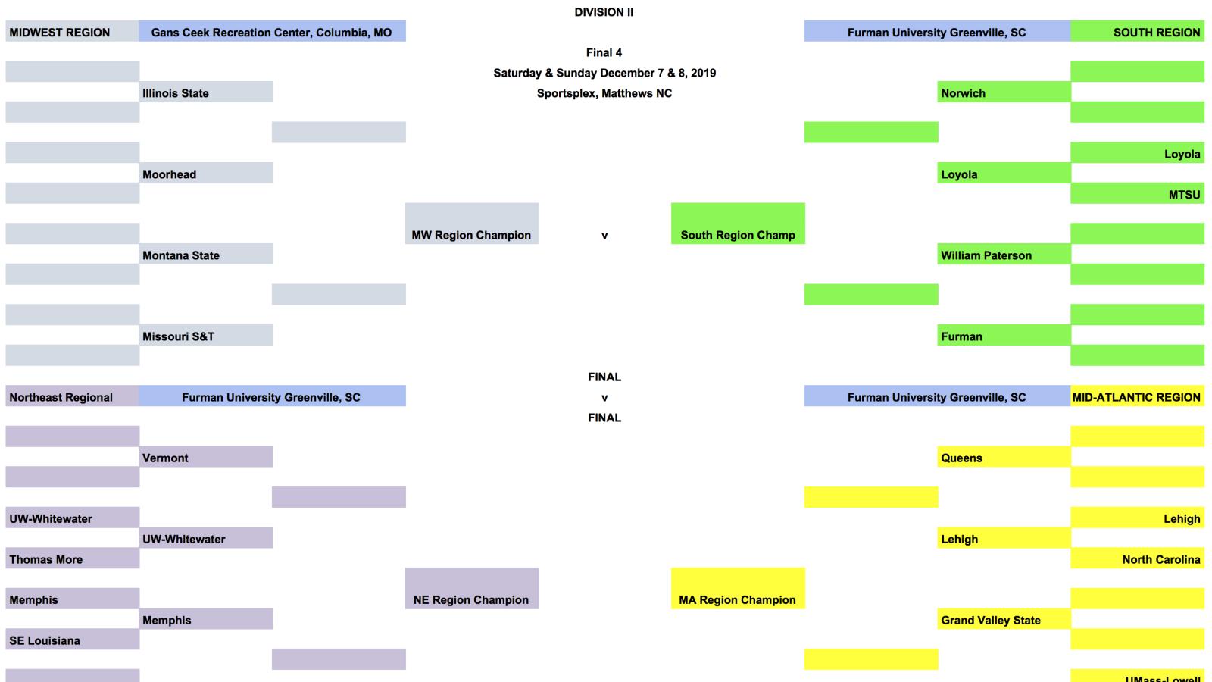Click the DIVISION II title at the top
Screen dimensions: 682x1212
(x=604, y=12)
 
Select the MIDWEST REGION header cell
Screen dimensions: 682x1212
(x=72, y=32)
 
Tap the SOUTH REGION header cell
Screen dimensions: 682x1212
(x=1137, y=32)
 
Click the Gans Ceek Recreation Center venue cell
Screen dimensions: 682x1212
(x=272, y=32)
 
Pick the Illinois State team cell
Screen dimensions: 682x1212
(x=205, y=92)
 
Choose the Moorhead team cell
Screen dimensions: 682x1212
(x=205, y=174)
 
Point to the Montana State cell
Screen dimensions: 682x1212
(x=205, y=255)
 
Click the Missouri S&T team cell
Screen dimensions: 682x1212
(x=205, y=336)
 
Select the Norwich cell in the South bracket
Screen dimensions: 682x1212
(x=1004, y=92)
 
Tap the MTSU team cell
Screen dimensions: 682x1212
(x=1137, y=194)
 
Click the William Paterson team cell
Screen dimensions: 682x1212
(x=1004, y=255)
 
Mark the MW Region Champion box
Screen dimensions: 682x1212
(x=471, y=224)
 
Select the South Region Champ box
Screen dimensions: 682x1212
(x=738, y=224)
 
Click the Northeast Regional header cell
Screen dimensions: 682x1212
(x=72, y=396)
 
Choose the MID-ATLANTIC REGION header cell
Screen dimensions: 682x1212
(x=1137, y=396)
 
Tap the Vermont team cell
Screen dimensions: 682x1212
(x=205, y=457)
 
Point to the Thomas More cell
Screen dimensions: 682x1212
(x=72, y=558)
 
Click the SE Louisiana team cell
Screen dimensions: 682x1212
(x=72, y=640)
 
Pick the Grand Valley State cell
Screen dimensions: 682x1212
(x=1004, y=619)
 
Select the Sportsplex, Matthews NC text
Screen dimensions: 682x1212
(x=604, y=93)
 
